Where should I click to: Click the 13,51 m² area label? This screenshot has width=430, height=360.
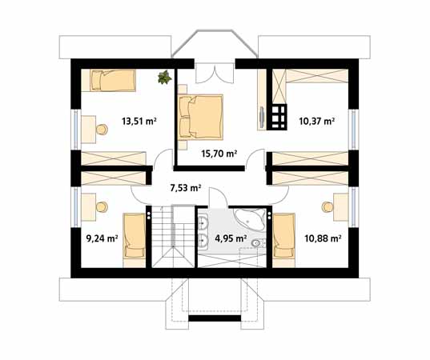click(x=139, y=121)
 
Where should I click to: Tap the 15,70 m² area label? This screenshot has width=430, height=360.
click(x=219, y=154)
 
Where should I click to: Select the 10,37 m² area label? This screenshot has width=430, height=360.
click(x=317, y=121)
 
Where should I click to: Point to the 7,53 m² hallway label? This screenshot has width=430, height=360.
click(x=186, y=188)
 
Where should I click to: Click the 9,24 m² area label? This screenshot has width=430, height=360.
click(x=102, y=238)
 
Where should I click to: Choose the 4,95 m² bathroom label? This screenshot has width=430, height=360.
click(x=230, y=238)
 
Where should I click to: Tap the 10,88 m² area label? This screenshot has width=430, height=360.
click(x=323, y=238)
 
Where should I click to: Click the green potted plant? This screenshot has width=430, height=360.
click(x=164, y=77)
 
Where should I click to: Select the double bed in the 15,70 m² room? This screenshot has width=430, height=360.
click(x=200, y=117)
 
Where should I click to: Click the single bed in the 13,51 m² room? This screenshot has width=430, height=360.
click(x=113, y=80)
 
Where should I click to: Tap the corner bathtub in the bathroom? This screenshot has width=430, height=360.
click(x=250, y=219)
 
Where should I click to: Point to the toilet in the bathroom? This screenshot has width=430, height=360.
click(x=259, y=243)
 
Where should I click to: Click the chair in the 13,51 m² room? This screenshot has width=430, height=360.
click(x=102, y=130)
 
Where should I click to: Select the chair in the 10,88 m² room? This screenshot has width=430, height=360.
click(x=328, y=207)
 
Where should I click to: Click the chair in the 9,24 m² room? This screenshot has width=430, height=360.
click(x=102, y=207)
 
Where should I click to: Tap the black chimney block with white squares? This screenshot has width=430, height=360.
click(x=279, y=117)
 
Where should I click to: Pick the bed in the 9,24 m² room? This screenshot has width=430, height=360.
click(x=134, y=240)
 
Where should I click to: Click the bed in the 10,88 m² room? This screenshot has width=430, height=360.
click(x=283, y=240)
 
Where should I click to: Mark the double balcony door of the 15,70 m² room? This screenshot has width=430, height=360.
click(x=215, y=73)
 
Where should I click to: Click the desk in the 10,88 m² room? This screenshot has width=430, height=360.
click(x=341, y=207)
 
